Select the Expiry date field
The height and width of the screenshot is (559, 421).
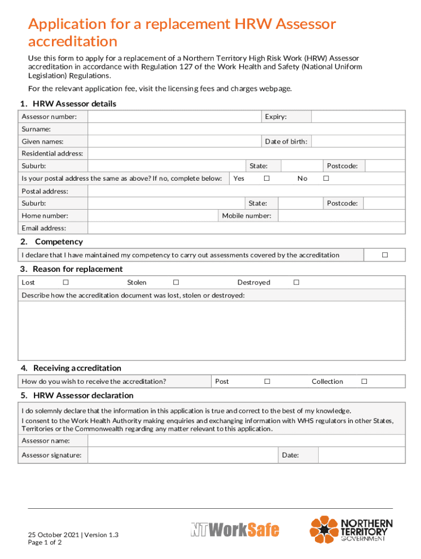coord(358,117)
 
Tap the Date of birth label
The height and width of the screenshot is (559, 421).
coord(285,142)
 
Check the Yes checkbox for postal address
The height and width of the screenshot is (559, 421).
coord(267,179)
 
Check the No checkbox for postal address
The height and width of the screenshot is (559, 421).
coord(326,179)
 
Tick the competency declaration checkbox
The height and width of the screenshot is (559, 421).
coord(385,255)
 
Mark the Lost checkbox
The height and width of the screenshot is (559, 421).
coord(66,282)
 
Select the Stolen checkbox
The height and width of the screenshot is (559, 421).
coord(176,282)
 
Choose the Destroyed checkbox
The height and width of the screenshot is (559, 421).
coord(296,282)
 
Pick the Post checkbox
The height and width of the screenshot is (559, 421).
coord(267,382)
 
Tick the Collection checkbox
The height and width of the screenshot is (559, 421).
coord(364,382)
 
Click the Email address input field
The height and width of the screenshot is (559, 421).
coord(246,228)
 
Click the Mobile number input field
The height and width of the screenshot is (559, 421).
coord(341,216)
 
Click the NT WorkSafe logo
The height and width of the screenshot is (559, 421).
coord(235,530)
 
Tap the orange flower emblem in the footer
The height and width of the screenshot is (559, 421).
coord(324,530)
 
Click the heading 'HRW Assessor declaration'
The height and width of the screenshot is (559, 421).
coord(83,395)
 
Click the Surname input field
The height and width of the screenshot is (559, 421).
coord(246,129)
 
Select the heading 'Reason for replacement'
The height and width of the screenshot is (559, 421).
coord(77,269)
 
